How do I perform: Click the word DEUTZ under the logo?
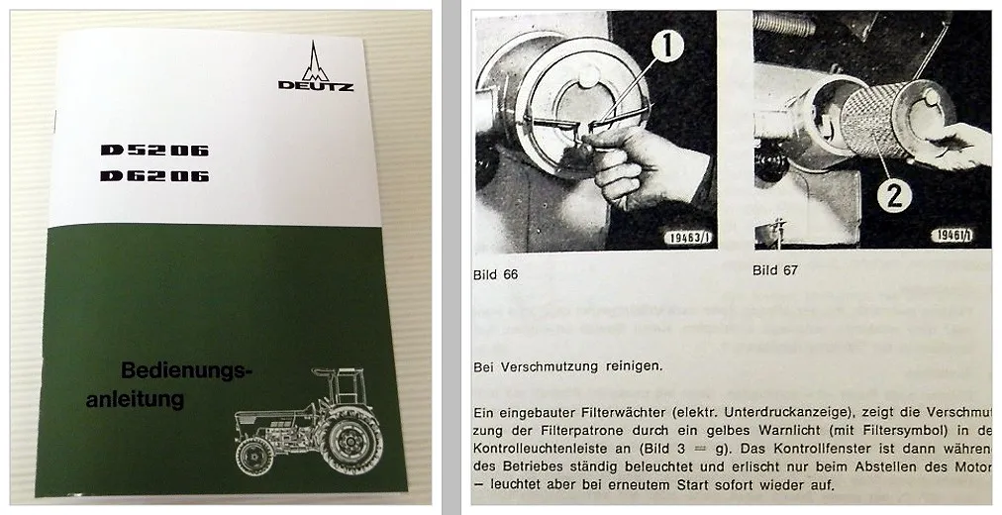pos(315,85)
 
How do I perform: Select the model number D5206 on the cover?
pos(153,151)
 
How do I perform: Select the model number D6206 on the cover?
pos(153,176)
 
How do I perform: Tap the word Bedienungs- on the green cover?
pos(187,371)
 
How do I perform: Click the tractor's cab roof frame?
pos(337,374)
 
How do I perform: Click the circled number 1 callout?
pos(667,46)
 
